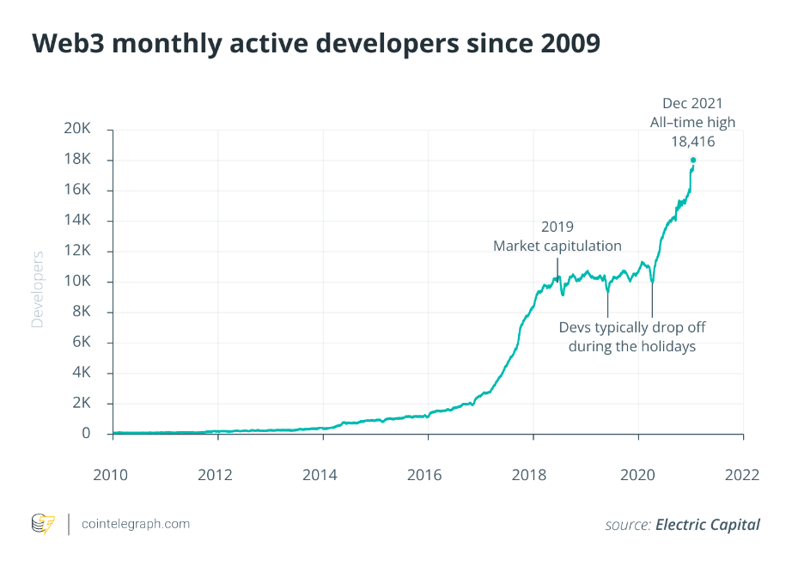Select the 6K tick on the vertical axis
(82, 343)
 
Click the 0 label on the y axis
(86, 434)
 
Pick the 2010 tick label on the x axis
(113, 474)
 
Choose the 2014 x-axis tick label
(322, 474)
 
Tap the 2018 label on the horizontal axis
(533, 474)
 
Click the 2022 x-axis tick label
(742, 474)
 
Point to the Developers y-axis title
(37, 289)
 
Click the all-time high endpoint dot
(693, 160)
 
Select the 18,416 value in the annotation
(692, 142)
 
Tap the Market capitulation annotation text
(557, 246)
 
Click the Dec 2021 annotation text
(692, 104)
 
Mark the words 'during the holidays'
(631, 346)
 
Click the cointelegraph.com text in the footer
(135, 523)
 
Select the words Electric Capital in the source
(708, 524)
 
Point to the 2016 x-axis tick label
(427, 474)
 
